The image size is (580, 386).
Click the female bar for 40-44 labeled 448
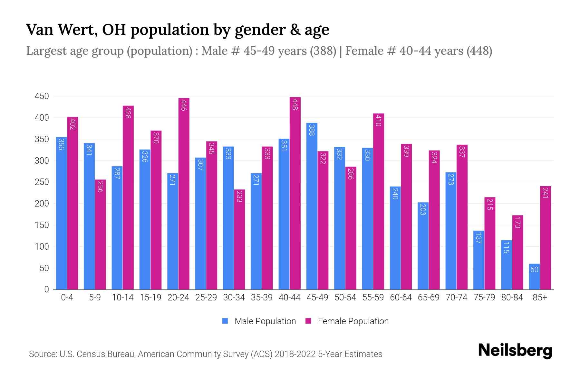click(x=295, y=193)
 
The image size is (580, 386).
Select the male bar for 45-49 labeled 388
click(x=312, y=206)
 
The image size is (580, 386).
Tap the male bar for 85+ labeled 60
click(x=534, y=277)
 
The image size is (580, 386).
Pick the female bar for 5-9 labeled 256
click(x=100, y=234)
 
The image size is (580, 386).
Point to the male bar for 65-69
click(x=423, y=246)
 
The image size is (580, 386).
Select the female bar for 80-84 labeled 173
click(x=517, y=252)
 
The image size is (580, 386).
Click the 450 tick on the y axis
click(x=42, y=96)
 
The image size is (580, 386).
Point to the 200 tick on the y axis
click(x=42, y=204)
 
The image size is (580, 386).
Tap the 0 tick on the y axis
click(x=46, y=289)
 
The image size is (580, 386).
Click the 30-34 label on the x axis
click(x=234, y=298)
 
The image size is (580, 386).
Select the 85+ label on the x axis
click(x=540, y=298)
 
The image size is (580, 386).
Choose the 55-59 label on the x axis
click(x=373, y=298)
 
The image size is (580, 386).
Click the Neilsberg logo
click(x=515, y=351)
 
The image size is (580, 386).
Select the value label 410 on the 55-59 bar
click(x=378, y=121)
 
